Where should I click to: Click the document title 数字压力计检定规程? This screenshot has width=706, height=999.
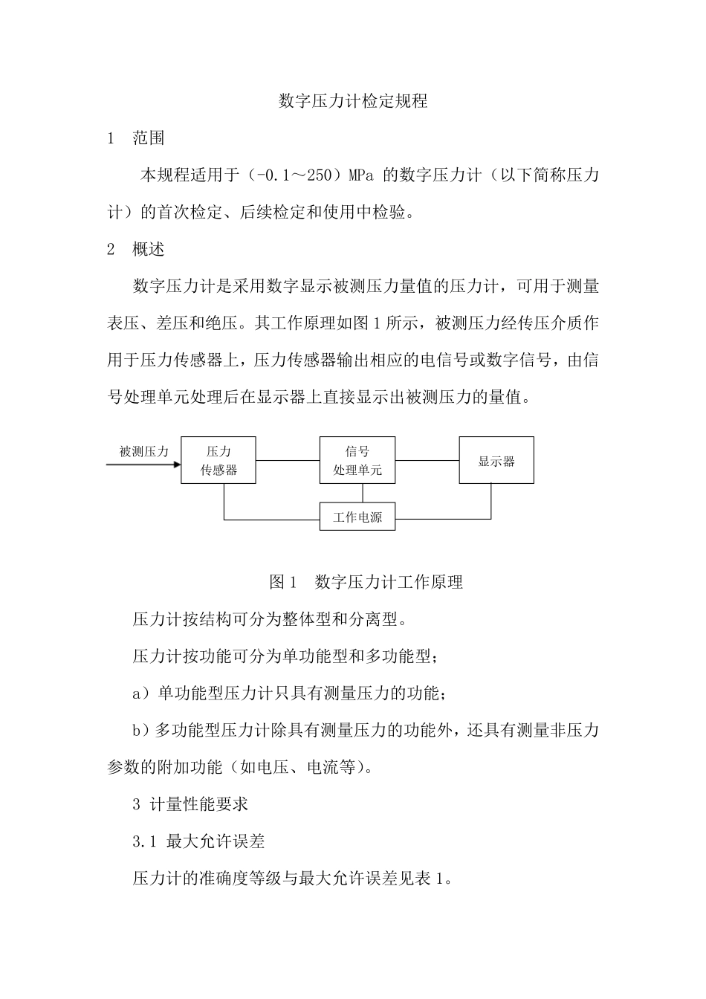353,101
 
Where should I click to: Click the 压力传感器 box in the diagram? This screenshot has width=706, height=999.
218,461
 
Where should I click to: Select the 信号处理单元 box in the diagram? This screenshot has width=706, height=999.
357,461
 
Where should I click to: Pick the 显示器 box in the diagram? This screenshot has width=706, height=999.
496,461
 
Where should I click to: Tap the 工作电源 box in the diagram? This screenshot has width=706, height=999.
357,517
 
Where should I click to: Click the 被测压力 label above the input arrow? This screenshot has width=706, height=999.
144,451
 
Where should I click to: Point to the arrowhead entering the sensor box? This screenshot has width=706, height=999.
177,465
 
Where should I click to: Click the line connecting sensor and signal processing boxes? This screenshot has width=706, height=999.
288,461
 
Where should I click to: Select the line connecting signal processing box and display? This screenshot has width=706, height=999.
427,461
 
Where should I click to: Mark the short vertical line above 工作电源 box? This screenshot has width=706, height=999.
363,493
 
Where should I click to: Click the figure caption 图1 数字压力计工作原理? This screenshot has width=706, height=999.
366,582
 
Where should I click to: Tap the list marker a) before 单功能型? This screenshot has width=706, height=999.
141,694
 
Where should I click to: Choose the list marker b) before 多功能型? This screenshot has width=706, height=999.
141,731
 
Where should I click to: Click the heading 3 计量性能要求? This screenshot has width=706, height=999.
190,804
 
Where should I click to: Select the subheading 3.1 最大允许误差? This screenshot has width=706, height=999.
198,841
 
